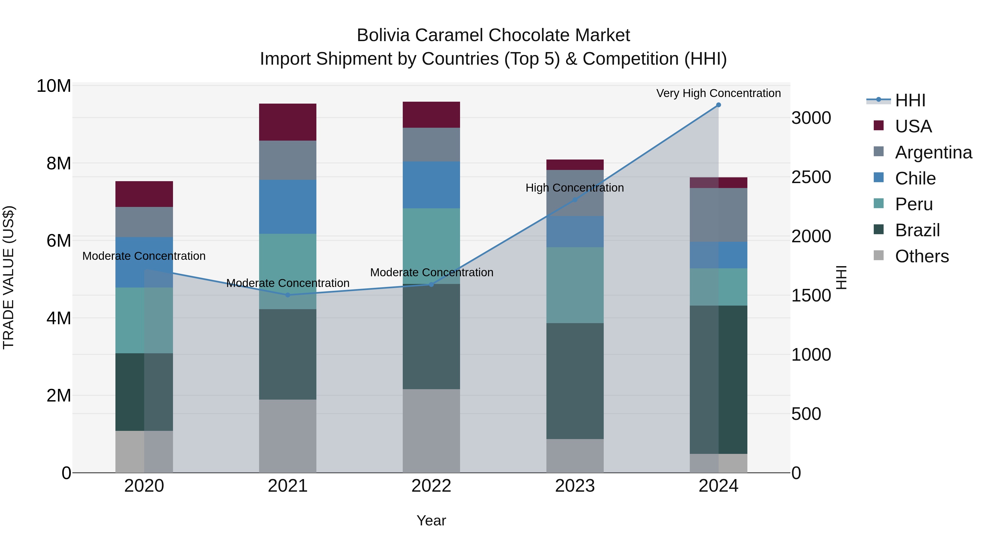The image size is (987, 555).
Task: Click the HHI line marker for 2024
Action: pyautogui.click(x=718, y=105)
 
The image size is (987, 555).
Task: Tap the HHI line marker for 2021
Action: pyautogui.click(x=288, y=295)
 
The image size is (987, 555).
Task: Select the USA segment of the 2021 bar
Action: pyautogui.click(x=288, y=122)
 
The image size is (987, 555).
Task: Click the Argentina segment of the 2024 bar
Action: pyautogui.click(x=718, y=215)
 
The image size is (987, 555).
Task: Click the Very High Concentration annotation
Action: pyautogui.click(x=718, y=93)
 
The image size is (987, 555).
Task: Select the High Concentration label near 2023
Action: pyautogui.click(x=574, y=188)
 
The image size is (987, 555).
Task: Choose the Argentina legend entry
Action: pyautogui.click(x=933, y=152)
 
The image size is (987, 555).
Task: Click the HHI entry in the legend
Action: pyautogui.click(x=910, y=100)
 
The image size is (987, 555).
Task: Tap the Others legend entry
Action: pyautogui.click(x=921, y=256)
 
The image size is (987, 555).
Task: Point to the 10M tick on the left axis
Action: pyautogui.click(x=54, y=86)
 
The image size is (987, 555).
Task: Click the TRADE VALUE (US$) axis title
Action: pyautogui.click(x=9, y=277)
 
